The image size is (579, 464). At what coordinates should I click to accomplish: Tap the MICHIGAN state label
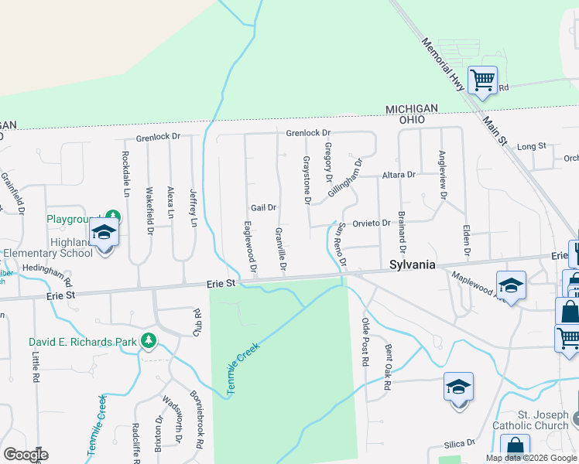pyautogui.click(x=412, y=108)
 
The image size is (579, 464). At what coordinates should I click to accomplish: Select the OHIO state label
pyautogui.click(x=412, y=120)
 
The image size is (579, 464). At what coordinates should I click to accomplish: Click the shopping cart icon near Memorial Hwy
pyautogui.click(x=483, y=80)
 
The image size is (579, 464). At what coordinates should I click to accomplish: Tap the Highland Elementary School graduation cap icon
pyautogui.click(x=104, y=231)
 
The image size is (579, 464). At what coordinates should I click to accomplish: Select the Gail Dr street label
pyautogui.click(x=264, y=207)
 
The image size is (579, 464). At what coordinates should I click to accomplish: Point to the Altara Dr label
pyautogui.click(x=399, y=175)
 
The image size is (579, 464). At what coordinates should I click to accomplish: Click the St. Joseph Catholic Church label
pyautogui.click(x=532, y=419)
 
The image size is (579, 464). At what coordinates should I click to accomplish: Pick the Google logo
pyautogui.click(x=26, y=454)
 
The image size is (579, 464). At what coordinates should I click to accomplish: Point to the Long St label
pyautogui.click(x=532, y=146)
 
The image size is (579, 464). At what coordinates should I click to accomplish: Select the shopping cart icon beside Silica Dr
pyautogui.click(x=516, y=446)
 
